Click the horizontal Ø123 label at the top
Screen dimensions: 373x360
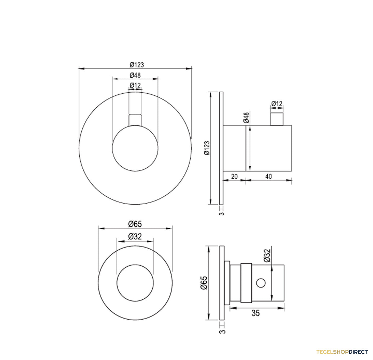(x=136, y=65)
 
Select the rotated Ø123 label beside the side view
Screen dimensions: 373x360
(x=207, y=148)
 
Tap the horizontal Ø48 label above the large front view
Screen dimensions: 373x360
(x=135, y=75)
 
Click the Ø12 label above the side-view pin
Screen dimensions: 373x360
(x=277, y=104)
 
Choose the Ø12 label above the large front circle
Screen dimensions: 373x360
(x=135, y=85)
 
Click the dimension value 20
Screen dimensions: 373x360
(x=234, y=176)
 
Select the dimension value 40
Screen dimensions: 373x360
(x=269, y=176)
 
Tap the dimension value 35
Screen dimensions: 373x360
(x=256, y=313)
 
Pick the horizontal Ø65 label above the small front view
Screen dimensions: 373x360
(x=135, y=224)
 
